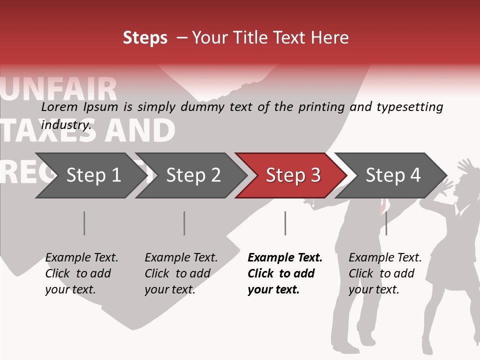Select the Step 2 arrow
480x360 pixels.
pyautogui.click(x=190, y=175)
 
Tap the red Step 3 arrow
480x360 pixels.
pyautogui.click(x=291, y=175)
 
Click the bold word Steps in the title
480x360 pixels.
pyautogui.click(x=145, y=38)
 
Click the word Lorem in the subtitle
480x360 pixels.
pyautogui.click(x=59, y=107)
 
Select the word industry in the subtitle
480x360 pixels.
pyautogui.click(x=65, y=125)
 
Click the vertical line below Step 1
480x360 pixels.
pyautogui.click(x=84, y=223)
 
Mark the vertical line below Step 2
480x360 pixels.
pyautogui.click(x=184, y=223)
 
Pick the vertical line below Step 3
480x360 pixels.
pyautogui.click(x=285, y=223)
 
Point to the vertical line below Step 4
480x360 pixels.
pyautogui.click(x=386, y=223)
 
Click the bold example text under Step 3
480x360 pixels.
pyautogui.click(x=284, y=273)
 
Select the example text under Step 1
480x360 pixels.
pyautogui.click(x=81, y=273)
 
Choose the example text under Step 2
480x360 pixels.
pyautogui.click(x=181, y=273)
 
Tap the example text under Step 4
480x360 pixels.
pyautogui.click(x=385, y=273)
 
